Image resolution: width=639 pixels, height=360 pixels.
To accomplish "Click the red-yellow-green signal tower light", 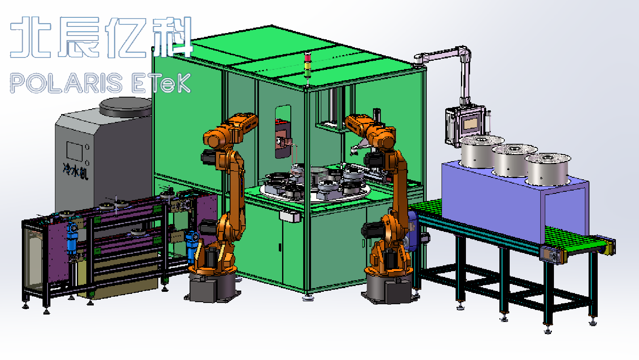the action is coord(307,65).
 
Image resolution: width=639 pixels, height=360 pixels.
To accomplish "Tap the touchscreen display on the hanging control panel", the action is coord(471,124).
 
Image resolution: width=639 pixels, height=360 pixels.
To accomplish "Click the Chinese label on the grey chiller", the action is coord(76,171).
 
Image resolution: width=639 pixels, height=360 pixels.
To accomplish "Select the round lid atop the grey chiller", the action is coord(126,107).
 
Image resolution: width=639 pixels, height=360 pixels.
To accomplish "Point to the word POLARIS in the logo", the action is coord(66,83).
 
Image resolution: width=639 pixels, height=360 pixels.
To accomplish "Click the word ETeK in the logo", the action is coord(162,83).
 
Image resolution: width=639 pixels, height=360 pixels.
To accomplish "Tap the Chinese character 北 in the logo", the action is coord(31,37).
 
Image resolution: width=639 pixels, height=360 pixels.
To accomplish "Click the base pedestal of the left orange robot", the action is coord(213,287).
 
